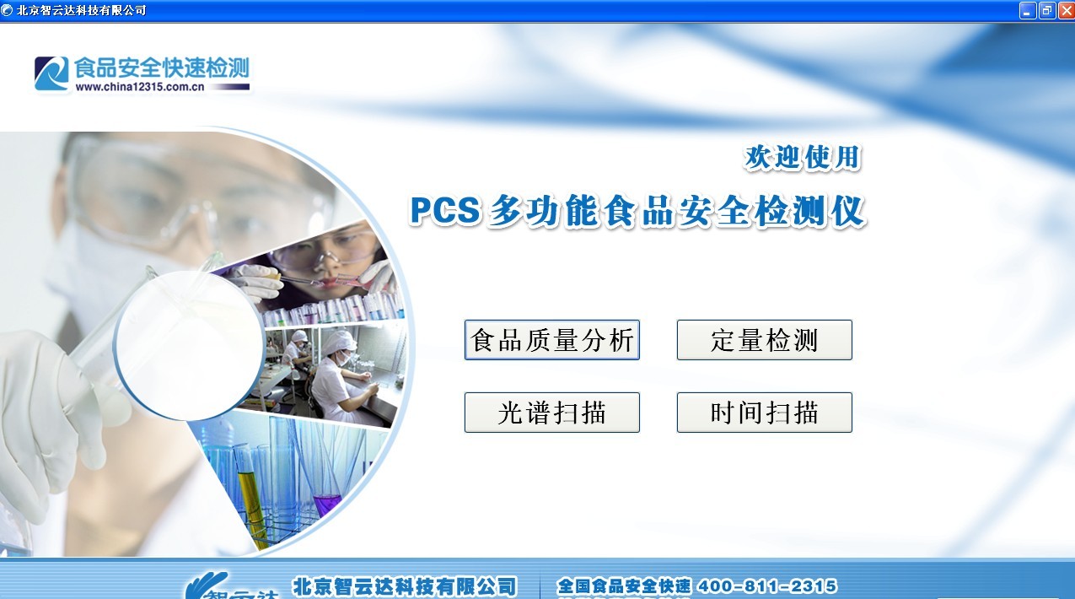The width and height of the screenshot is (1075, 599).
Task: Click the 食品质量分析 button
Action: click(551, 340)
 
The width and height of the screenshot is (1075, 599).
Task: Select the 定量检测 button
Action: click(764, 340)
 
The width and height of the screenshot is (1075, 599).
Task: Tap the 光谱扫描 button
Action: click(551, 413)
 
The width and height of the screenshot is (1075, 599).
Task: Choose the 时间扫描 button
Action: click(764, 413)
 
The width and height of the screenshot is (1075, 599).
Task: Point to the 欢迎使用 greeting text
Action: click(802, 157)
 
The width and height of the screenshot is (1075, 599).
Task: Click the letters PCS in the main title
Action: click(444, 211)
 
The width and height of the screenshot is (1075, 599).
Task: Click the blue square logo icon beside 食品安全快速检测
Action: click(51, 73)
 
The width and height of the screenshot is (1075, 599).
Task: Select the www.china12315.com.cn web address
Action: click(140, 86)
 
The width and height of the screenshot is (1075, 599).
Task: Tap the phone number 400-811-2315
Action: click(767, 586)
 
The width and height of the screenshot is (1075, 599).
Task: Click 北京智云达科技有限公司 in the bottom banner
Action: click(404, 586)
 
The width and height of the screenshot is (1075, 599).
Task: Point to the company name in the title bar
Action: click(81, 10)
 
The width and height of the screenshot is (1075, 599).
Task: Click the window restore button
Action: click(1046, 10)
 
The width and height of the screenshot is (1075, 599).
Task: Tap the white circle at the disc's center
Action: click(189, 346)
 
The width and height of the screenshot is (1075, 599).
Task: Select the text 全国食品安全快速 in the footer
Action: click(624, 586)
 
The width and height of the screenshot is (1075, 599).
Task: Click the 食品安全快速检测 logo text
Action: click(162, 67)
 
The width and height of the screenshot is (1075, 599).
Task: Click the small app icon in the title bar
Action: click(8, 10)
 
